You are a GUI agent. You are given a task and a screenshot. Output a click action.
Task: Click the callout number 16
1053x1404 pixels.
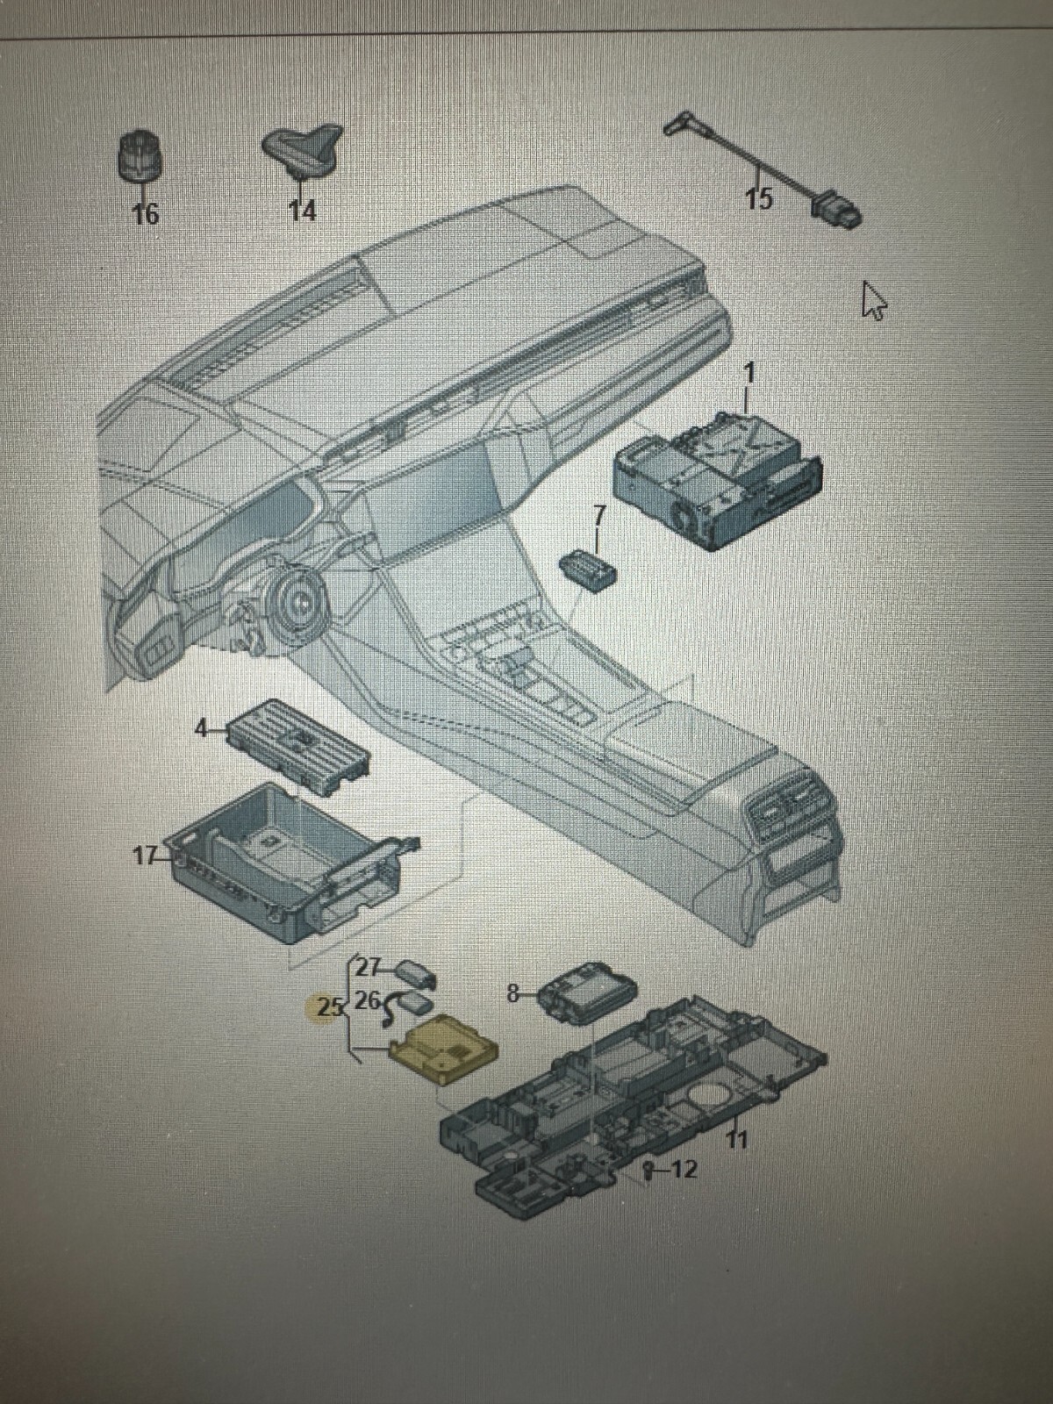pos(145,213)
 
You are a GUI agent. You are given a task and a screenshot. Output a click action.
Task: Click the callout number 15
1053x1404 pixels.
pos(759,199)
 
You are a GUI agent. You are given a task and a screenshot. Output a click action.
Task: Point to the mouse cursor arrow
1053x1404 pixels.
pos(873,300)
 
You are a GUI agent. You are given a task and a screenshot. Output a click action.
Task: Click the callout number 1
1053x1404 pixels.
pos(749,373)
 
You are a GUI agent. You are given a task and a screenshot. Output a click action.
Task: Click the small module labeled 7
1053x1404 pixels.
pos(589,567)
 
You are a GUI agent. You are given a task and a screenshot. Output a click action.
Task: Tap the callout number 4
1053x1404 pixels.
pos(202,728)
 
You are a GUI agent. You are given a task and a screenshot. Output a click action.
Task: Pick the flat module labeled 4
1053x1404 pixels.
pos(298,746)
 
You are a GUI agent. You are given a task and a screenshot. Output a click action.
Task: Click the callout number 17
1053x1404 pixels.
pos(145,855)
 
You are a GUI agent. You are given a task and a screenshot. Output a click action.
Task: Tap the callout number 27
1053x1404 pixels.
pos(368,968)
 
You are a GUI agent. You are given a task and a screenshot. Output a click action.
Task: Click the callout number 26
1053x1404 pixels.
pos(368,999)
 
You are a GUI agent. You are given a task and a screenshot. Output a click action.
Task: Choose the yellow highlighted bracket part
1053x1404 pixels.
pos(443,1049)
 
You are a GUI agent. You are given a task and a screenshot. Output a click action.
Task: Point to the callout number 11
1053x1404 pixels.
pos(737,1140)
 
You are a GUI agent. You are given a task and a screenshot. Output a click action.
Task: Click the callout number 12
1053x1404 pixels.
pos(684,1170)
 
